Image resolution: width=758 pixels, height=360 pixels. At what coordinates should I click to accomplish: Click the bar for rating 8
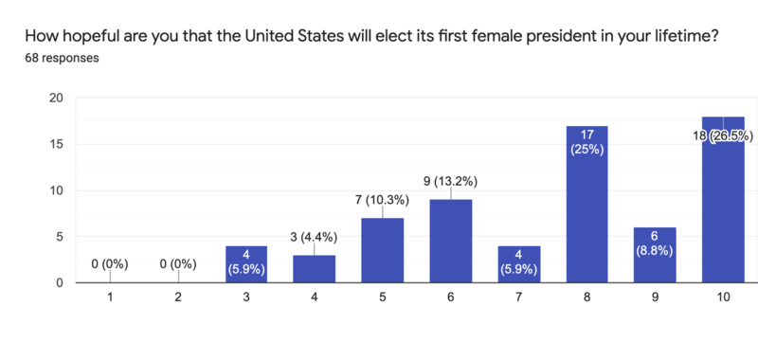(x=587, y=204)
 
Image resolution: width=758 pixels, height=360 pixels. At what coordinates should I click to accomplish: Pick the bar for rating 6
(x=450, y=241)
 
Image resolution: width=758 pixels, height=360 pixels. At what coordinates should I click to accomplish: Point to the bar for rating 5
(x=382, y=250)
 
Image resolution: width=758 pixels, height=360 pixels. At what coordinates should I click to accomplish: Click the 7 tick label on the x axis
(x=518, y=297)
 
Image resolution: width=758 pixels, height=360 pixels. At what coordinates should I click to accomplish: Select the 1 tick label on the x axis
(x=109, y=297)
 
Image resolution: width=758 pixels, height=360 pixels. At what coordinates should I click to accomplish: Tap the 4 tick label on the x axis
(x=314, y=297)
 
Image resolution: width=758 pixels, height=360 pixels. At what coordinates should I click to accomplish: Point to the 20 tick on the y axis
(x=56, y=98)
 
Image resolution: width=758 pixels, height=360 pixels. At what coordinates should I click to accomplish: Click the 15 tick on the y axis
(x=56, y=144)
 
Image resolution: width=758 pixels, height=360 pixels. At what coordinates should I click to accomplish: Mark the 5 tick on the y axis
(x=59, y=237)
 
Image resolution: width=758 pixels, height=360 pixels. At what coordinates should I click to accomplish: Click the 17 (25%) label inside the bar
(x=587, y=142)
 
